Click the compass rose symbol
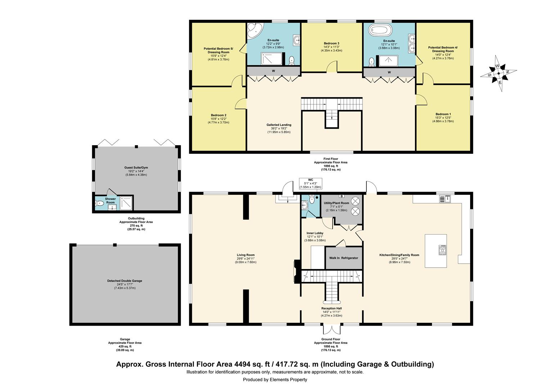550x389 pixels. coord(499,73)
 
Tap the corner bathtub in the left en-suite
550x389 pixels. coord(254,31)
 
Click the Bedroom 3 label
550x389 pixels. coord(332,44)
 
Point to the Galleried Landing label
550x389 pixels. coord(279,125)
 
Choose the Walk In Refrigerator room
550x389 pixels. coord(344,258)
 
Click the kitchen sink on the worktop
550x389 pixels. coord(445,199)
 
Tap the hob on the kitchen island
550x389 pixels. coord(442,250)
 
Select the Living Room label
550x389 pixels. coord(245,255)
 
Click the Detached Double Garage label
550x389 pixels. coord(125,281)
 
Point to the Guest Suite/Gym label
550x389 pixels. coord(136,167)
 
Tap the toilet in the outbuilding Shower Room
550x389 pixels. coord(99,203)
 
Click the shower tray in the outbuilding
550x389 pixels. coord(126,203)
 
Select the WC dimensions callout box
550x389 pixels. coord(310,184)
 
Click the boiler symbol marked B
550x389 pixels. coord(341,196)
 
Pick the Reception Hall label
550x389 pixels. coord(332,308)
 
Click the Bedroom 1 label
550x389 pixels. coord(443,114)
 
